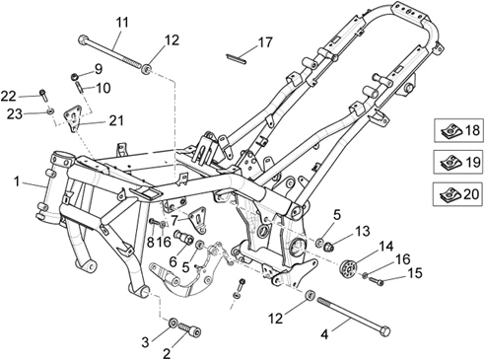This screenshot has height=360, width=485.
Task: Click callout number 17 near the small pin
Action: coord(263,42)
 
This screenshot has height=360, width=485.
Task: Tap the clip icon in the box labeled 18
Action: coord(449,130)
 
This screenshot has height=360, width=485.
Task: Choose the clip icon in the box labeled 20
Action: coord(449,193)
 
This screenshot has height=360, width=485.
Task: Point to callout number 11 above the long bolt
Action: coord(121,22)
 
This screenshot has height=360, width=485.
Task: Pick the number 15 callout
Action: coord(386,272)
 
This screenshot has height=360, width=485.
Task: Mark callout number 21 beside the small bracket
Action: coord(117,120)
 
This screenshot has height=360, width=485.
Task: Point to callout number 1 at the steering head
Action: coord(17,181)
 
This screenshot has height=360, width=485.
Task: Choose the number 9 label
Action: coord(98,68)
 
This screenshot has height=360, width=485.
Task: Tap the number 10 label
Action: coord(102,87)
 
